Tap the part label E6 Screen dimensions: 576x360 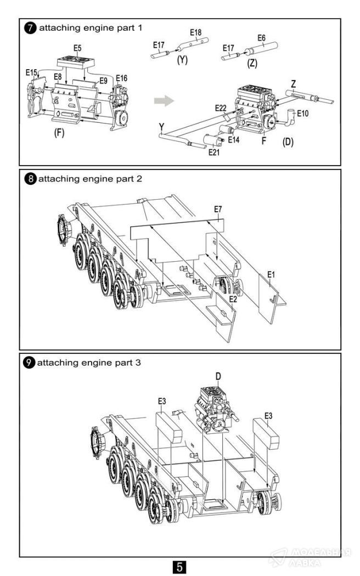click(x=262, y=38)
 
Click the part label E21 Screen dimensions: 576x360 click(x=215, y=152)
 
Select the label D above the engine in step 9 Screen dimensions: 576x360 click(x=218, y=376)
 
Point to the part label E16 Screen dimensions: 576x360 click(x=121, y=78)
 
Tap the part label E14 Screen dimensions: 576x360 click(x=234, y=140)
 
